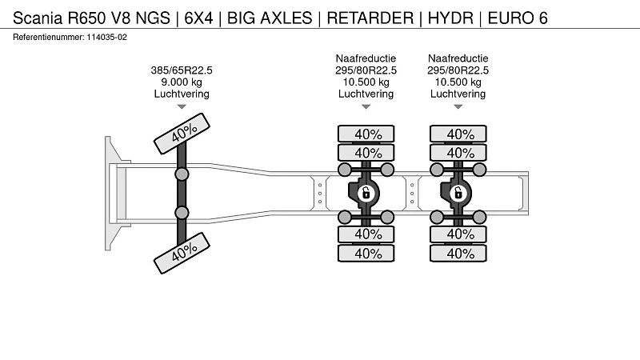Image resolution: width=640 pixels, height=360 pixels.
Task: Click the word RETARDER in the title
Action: tap(370, 18)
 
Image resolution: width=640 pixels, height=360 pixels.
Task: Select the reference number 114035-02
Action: tap(106, 37)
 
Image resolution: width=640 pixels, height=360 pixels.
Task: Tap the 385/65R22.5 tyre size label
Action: tap(182, 70)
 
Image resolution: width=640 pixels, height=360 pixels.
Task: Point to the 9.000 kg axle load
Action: tap(182, 82)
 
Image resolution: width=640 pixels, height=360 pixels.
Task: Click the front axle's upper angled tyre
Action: tap(182, 134)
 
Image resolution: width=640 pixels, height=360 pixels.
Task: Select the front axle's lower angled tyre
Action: tap(182, 253)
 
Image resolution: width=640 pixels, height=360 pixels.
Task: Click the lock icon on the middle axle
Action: tap(366, 193)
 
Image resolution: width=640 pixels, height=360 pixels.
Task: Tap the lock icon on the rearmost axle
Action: tap(458, 193)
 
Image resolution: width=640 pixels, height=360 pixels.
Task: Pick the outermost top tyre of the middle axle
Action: tap(366, 134)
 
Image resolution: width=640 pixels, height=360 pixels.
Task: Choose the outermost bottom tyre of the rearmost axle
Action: tap(458, 254)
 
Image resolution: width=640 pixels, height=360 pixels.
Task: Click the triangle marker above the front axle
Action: tap(182, 106)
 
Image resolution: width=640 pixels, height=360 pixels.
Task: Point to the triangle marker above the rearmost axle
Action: tap(458, 106)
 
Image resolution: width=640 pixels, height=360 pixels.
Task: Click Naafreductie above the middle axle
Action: tap(366, 58)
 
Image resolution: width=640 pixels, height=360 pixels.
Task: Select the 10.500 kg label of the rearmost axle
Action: tap(458, 82)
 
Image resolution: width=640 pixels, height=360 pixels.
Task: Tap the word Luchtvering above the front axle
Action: tap(182, 94)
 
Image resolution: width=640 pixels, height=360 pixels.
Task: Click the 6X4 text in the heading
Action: tap(198, 18)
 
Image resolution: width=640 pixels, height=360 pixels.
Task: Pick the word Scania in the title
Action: tap(38, 18)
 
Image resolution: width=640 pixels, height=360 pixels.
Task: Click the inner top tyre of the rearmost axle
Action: tap(458, 153)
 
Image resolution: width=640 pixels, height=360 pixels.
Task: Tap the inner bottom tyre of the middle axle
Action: tap(366, 234)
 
